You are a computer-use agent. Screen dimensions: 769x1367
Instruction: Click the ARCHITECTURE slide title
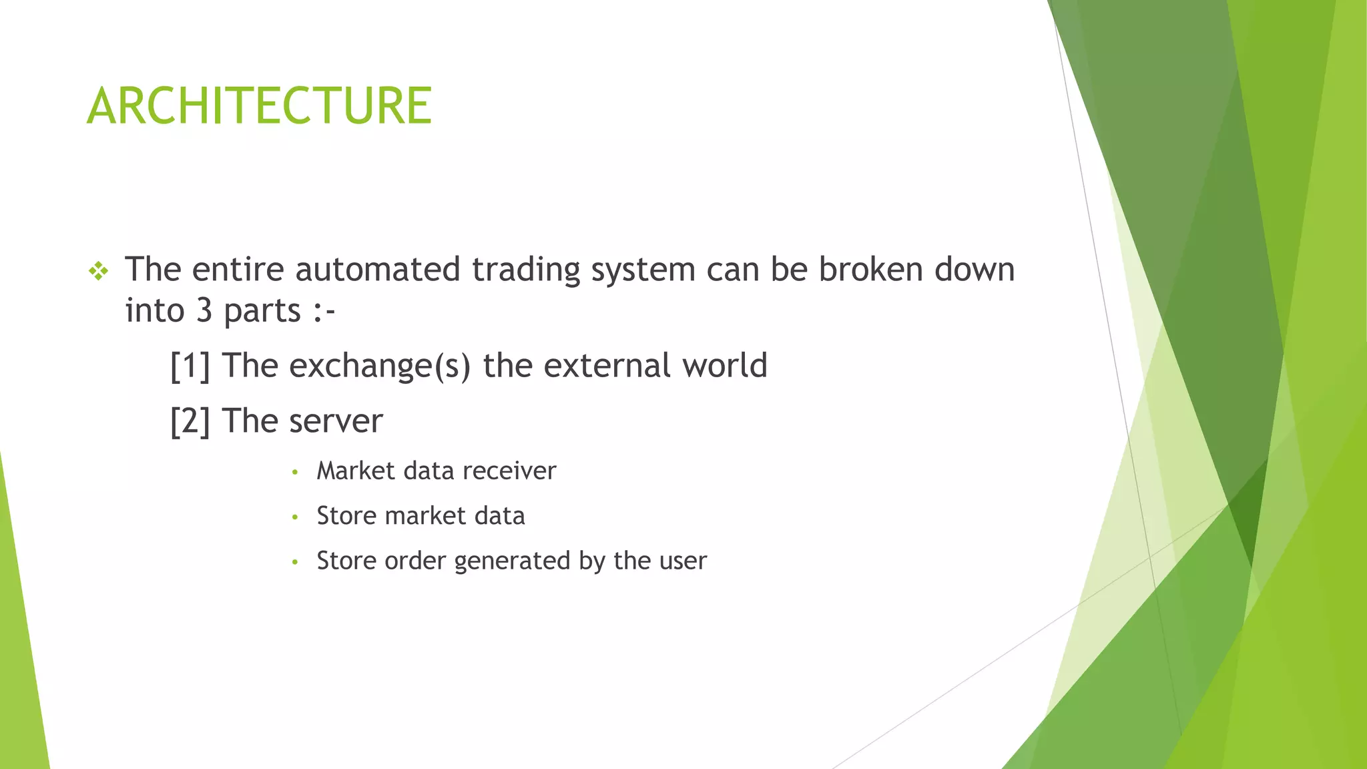click(x=259, y=106)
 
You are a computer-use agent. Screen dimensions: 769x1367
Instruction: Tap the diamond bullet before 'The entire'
click(x=98, y=271)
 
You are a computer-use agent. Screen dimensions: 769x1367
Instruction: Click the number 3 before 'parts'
click(x=204, y=311)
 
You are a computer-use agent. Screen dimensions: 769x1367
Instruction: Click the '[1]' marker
click(x=190, y=366)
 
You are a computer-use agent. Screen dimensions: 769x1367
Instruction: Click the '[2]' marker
click(x=190, y=422)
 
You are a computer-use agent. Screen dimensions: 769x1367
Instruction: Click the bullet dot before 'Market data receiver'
click(x=294, y=473)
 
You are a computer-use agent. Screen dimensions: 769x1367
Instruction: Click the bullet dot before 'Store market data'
click(x=294, y=517)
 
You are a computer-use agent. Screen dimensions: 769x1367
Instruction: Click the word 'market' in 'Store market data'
click(x=425, y=516)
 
